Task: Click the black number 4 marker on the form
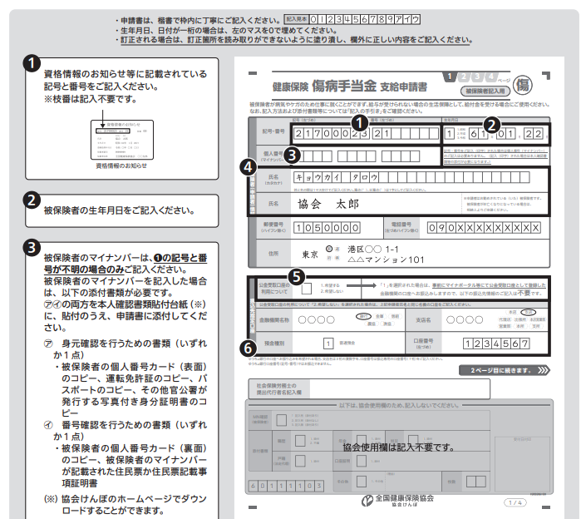coord(246,166)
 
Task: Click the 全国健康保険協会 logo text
coord(397,500)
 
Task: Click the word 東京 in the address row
coord(311,254)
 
